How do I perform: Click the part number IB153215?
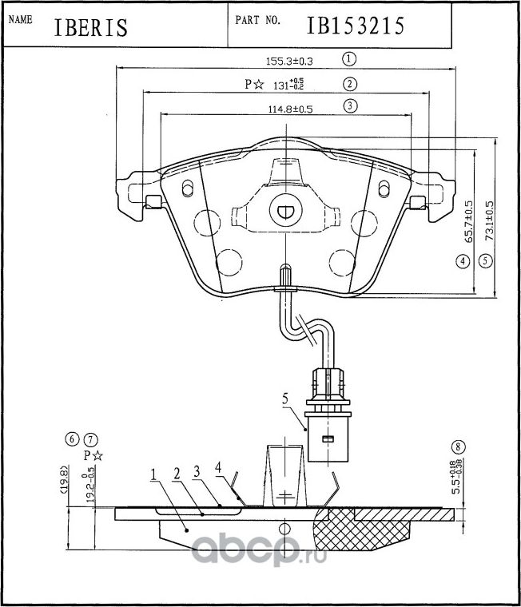tap(356, 26)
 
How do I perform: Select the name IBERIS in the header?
tap(91, 28)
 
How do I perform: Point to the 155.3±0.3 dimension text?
tap(288, 60)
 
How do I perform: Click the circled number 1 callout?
tap(348, 58)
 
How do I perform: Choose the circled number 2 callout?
tap(349, 83)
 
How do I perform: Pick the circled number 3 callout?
tap(349, 105)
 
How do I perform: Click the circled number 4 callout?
tap(461, 260)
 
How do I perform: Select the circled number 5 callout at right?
tap(484, 260)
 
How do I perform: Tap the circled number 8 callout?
tap(457, 446)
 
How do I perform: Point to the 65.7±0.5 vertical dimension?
tap(468, 221)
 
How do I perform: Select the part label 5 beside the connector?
tap(283, 397)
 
